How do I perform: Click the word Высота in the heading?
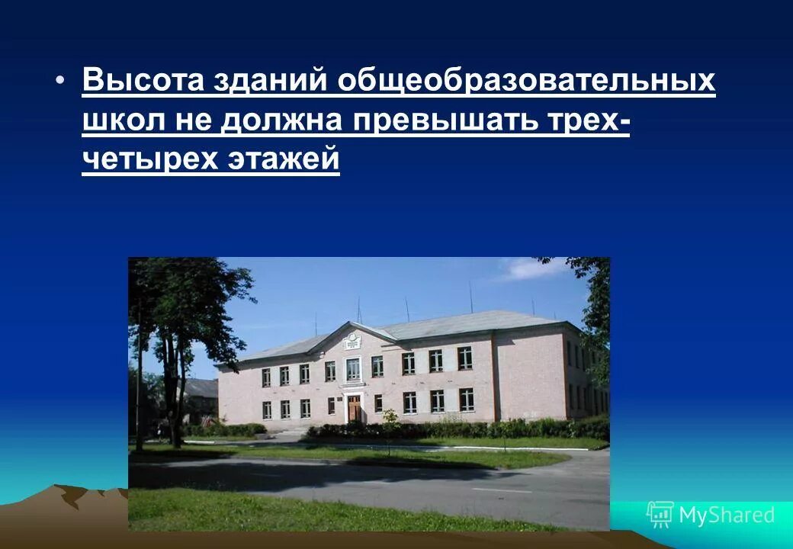tap(143, 81)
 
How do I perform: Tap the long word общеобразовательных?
tap(526, 81)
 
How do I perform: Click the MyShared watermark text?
tap(726, 515)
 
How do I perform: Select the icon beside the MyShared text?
tap(660, 515)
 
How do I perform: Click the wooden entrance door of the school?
tap(355, 407)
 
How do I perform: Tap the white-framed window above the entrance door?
tap(353, 369)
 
